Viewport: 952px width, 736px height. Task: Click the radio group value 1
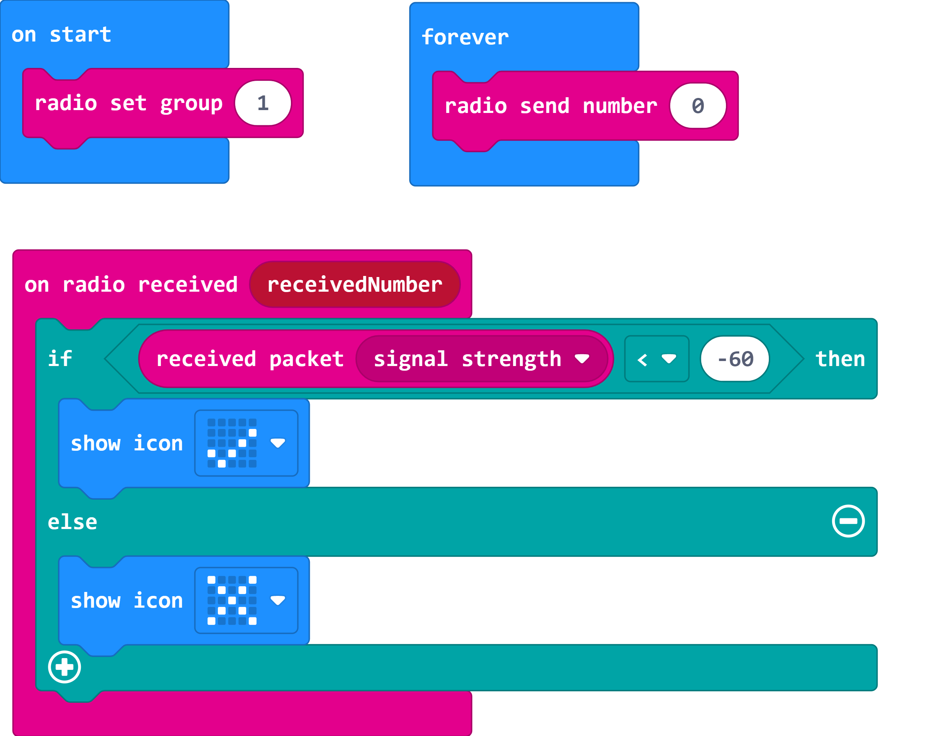(x=263, y=103)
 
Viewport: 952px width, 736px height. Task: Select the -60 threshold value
(x=735, y=359)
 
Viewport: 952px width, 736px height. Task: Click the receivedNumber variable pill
(x=355, y=285)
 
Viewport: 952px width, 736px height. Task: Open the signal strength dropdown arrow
(x=582, y=359)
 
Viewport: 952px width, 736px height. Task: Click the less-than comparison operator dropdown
(x=656, y=359)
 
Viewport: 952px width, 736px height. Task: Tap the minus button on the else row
(x=848, y=521)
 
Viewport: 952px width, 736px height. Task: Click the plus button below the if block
(x=64, y=667)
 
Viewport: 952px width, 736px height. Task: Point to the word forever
(x=465, y=37)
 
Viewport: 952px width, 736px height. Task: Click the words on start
(x=61, y=34)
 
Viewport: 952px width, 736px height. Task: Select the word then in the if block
(x=840, y=359)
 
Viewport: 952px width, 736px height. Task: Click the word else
(x=72, y=522)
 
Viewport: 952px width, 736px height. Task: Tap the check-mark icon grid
(x=232, y=443)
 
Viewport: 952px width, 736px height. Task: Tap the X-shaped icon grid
(x=232, y=600)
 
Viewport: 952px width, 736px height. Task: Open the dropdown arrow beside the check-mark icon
(x=278, y=443)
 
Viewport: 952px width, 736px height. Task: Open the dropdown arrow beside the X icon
(x=278, y=600)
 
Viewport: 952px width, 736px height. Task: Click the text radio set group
(x=128, y=103)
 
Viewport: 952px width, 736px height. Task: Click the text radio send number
(x=550, y=106)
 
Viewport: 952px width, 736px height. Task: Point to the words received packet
(x=250, y=359)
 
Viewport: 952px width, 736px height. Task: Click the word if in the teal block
(x=60, y=359)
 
